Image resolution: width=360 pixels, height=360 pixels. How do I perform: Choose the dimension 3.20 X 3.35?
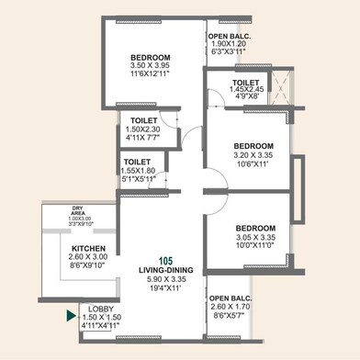click(253, 156)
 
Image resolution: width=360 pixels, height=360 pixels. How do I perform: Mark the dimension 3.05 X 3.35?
click(253, 238)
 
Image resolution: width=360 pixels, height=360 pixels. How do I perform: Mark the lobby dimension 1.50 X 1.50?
click(101, 318)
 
